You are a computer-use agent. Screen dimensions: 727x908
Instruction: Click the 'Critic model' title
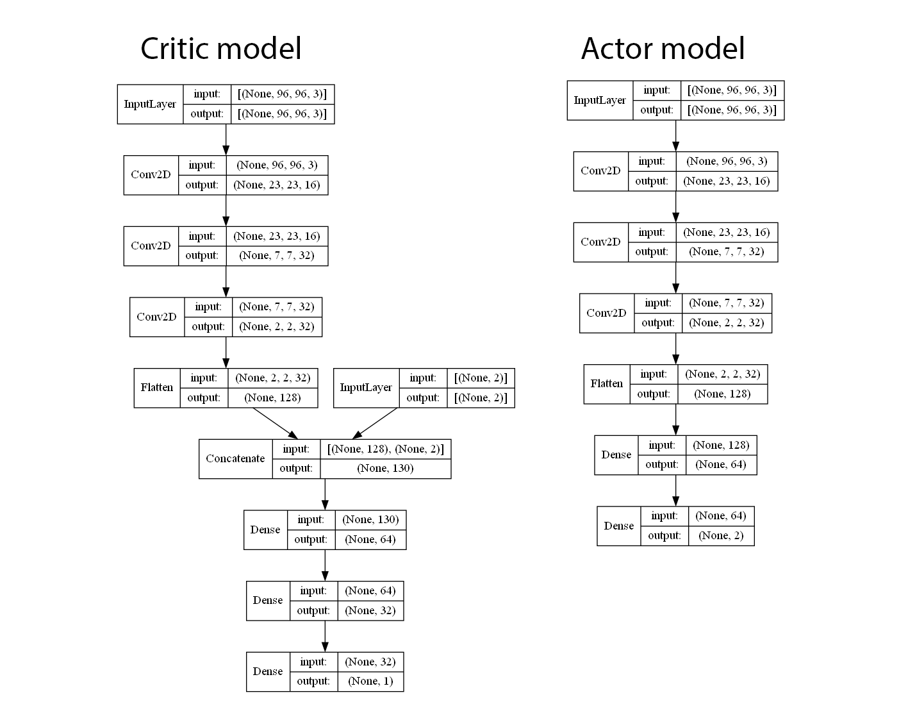pyautogui.click(x=220, y=49)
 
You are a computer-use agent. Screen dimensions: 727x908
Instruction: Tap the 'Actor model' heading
pyautogui.click(x=663, y=49)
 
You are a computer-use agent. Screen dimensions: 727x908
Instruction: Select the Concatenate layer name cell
pyautogui.click(x=235, y=458)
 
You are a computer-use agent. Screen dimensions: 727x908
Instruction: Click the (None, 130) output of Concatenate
pyautogui.click(x=385, y=469)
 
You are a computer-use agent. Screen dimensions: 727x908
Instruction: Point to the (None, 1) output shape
pyautogui.click(x=370, y=681)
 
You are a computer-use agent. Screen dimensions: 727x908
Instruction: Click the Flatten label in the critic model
pyautogui.click(x=157, y=387)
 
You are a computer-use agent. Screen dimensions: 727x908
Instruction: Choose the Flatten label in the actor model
pyautogui.click(x=606, y=384)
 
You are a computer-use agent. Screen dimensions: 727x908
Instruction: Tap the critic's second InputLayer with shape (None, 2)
pyautogui.click(x=366, y=387)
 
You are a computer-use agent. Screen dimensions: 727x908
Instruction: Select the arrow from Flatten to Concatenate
pyautogui.click(x=275, y=423)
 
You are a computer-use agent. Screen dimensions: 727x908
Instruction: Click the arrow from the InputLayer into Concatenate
pyautogui.click(x=376, y=423)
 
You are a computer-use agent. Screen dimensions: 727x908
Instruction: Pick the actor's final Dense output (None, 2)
pyautogui.click(x=721, y=536)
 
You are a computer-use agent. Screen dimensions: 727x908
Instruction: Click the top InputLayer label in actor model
pyautogui.click(x=600, y=100)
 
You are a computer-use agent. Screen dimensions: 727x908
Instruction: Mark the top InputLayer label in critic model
pyautogui.click(x=150, y=104)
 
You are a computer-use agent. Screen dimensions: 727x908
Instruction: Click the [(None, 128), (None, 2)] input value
pyautogui.click(x=385, y=449)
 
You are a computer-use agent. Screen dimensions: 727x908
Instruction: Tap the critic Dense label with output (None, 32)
pyautogui.click(x=268, y=601)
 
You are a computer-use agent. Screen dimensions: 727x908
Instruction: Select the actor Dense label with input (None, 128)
pyautogui.click(x=616, y=455)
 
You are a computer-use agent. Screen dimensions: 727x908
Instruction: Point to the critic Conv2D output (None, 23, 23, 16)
pyautogui.click(x=277, y=185)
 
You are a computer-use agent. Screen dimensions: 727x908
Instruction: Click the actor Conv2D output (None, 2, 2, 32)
pyautogui.click(x=727, y=323)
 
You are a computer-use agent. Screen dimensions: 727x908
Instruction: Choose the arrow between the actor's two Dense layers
pyautogui.click(x=675, y=490)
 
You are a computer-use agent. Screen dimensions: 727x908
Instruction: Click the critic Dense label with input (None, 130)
pyautogui.click(x=265, y=530)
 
